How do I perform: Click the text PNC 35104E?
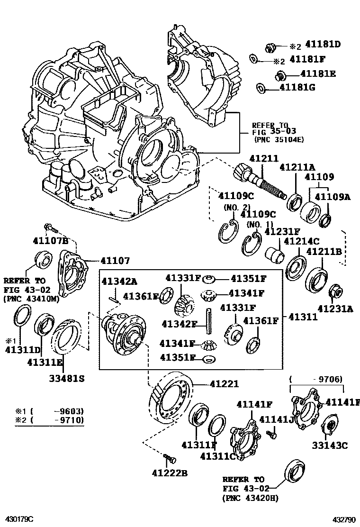[x=275, y=139]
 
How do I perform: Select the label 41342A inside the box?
[x=119, y=282]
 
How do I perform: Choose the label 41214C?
[x=301, y=242]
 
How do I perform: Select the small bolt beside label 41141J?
[x=271, y=433]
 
